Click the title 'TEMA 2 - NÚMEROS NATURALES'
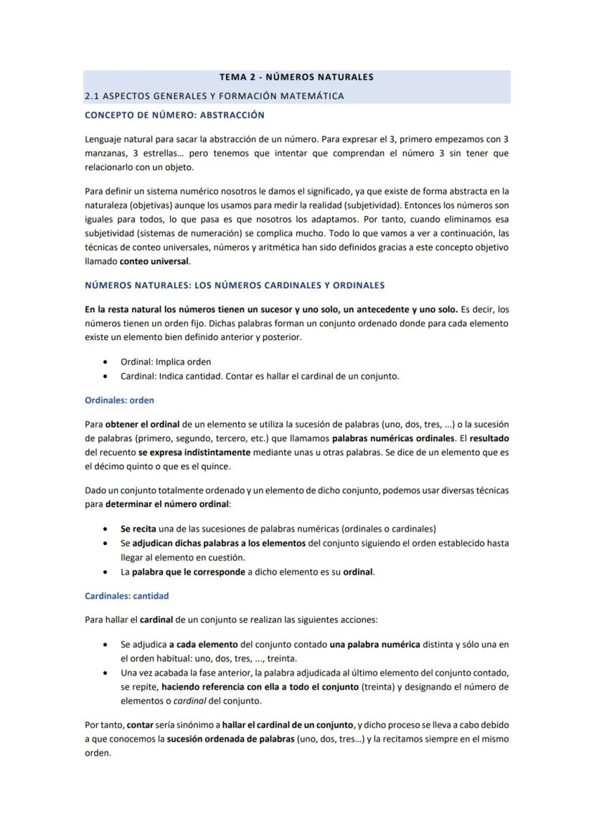pos(296,77)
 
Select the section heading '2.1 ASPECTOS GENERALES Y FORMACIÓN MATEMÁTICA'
pos(214,95)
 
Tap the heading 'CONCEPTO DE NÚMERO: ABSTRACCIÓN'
pos(174,115)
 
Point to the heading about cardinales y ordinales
pos(235,285)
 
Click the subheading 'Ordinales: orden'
pos(119,400)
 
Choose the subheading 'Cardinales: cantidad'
pos(127,595)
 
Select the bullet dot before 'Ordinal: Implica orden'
pos(106,362)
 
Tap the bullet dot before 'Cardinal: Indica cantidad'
pos(106,376)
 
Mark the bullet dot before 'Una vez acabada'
pos(106,673)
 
